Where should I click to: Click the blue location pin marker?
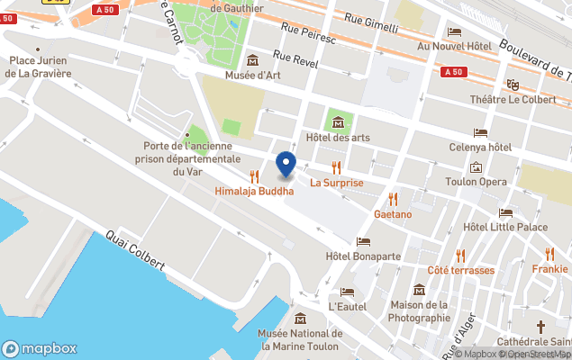286,164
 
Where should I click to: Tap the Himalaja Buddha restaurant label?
254,191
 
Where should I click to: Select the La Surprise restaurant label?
337,183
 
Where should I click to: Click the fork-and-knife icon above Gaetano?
393,198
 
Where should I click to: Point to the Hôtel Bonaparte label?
363,256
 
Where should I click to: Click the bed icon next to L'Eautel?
348,292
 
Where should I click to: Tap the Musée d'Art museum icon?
251,60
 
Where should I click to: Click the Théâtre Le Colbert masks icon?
513,85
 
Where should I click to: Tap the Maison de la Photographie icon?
420,290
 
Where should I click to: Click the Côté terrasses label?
460,270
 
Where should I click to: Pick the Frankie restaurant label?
549,268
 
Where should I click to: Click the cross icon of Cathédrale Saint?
541,327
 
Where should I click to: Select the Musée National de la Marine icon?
300,319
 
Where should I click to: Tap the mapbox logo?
40,349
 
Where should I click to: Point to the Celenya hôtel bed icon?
480,132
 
